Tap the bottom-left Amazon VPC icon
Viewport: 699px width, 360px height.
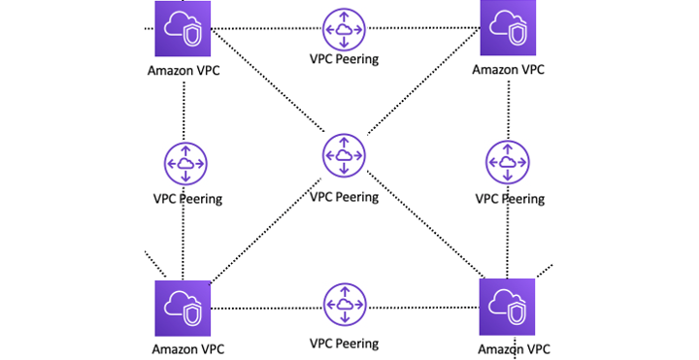pyautogui.click(x=183, y=307)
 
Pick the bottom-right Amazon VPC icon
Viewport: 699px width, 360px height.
pyautogui.click(x=507, y=307)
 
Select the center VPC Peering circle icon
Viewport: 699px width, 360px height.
pyautogui.click(x=343, y=157)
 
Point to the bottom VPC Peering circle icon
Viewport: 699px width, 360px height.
pyautogui.click(x=343, y=306)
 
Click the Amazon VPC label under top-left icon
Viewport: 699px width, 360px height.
pyautogui.click(x=183, y=70)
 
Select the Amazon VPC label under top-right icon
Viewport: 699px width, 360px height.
pyautogui.click(x=508, y=70)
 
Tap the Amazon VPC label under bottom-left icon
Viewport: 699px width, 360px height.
pyautogui.click(x=183, y=347)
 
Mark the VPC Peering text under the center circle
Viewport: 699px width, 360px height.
pyautogui.click(x=343, y=197)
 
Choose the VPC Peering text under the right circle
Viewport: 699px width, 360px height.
pyautogui.click(x=510, y=199)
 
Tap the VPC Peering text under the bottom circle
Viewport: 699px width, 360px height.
pyautogui.click(x=343, y=343)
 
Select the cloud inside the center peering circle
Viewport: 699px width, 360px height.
pyautogui.click(x=343, y=157)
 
